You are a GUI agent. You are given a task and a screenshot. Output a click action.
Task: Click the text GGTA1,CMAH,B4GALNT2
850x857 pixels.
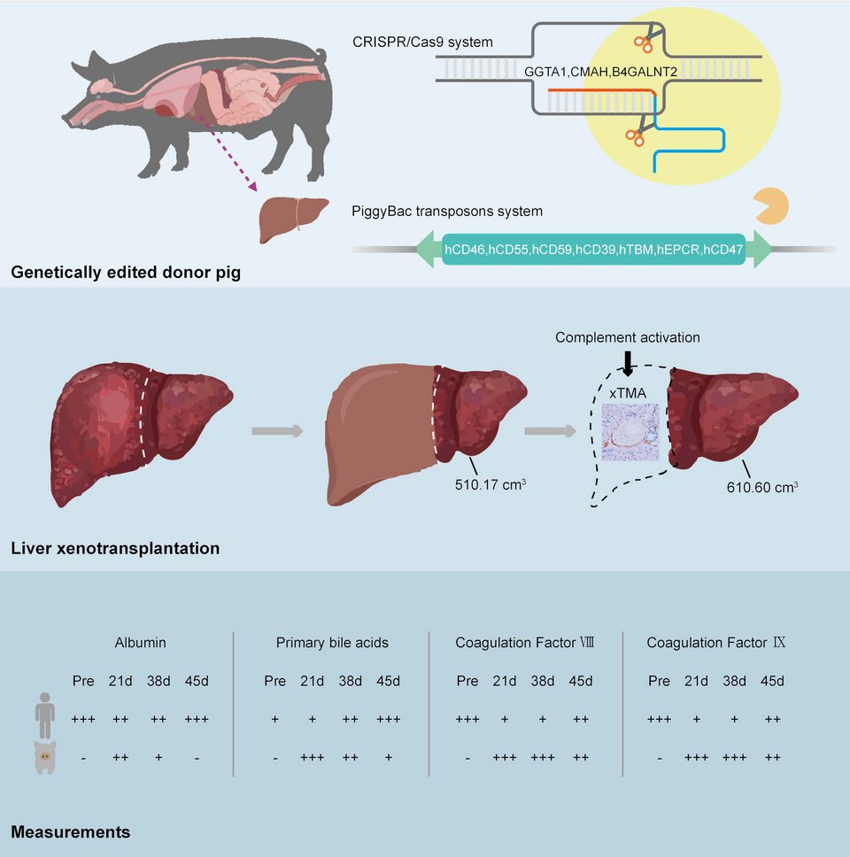pos(599,71)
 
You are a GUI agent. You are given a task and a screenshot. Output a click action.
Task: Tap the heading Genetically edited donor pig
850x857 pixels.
pos(126,272)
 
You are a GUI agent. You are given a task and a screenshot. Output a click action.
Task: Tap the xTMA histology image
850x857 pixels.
pos(630,432)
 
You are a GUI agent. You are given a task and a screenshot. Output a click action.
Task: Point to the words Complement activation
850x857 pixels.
pos(628,337)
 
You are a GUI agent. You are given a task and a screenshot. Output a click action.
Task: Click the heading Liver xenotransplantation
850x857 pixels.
pos(115,549)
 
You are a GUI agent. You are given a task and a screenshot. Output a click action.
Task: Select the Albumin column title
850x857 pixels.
pos(139,642)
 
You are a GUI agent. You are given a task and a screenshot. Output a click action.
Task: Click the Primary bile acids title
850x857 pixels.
pos(332,642)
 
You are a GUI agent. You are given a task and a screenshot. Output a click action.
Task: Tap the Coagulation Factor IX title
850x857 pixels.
pos(715,642)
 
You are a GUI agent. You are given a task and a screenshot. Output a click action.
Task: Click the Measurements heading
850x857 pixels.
pos(71,832)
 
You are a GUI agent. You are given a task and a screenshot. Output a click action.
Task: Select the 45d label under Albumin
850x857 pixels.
pos(197,681)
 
